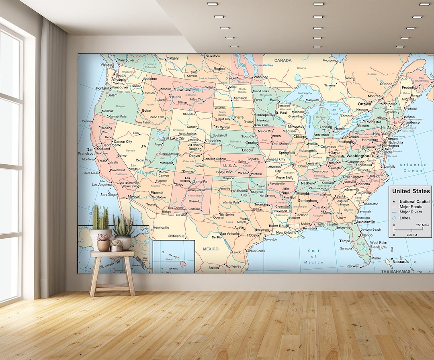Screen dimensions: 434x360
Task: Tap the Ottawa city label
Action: click(364, 104)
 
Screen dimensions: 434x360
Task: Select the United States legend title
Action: click(411, 191)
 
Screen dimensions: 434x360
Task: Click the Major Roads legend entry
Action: click(410, 207)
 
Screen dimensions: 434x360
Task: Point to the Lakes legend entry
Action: click(405, 218)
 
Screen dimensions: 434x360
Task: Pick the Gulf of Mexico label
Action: click(314, 257)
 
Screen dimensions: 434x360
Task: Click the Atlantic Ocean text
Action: click(413, 168)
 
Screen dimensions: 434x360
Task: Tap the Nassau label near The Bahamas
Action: click(401, 262)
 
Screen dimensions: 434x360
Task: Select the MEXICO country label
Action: click(211, 249)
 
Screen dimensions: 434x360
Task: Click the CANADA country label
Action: click(283, 61)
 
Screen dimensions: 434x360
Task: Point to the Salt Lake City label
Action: click(174, 138)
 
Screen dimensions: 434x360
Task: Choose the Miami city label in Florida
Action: click(376, 258)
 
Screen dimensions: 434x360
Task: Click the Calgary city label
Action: click(172, 58)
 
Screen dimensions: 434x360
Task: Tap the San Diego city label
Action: click(108, 194)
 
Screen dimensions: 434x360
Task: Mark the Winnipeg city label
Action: click(261, 77)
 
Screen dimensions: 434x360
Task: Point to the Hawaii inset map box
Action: click(174, 256)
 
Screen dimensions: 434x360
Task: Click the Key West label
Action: click(353, 266)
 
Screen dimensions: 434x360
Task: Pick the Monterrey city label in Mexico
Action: click(233, 266)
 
